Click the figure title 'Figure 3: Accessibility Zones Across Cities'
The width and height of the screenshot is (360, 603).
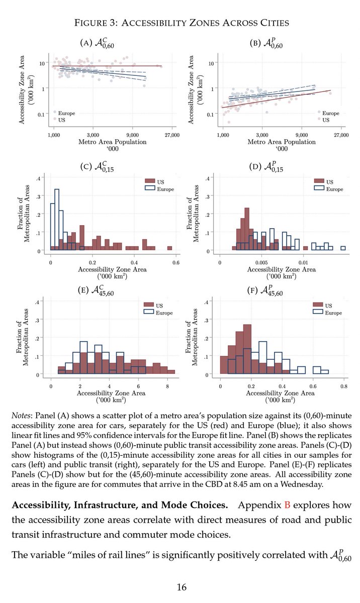coord(180,24)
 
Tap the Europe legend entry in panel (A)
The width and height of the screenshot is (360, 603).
coord(65,113)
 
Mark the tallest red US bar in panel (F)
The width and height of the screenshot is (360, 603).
coord(246,349)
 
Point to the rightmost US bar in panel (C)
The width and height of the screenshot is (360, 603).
coord(169,248)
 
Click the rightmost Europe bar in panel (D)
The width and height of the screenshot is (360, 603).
coord(343,248)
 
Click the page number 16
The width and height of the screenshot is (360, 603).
coord(180,586)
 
